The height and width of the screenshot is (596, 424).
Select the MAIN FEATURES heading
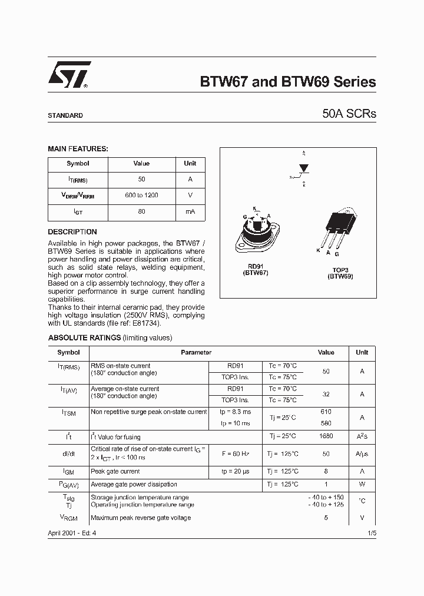(x=78, y=149)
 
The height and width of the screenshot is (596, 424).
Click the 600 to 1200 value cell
(x=141, y=195)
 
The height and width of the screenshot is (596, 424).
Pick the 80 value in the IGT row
(x=141, y=211)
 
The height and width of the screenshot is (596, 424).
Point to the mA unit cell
(x=190, y=211)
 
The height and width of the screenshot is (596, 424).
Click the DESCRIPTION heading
(x=72, y=232)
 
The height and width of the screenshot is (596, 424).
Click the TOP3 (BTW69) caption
(x=340, y=273)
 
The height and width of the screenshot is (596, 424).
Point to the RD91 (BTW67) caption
(x=256, y=270)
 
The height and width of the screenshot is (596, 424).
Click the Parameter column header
(x=196, y=352)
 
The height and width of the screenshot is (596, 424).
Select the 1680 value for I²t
(x=326, y=436)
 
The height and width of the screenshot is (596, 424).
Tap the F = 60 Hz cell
(x=235, y=454)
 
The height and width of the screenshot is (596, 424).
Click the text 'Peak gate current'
(x=115, y=471)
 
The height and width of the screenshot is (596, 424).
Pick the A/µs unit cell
(x=362, y=454)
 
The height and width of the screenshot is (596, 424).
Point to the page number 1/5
(x=370, y=532)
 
